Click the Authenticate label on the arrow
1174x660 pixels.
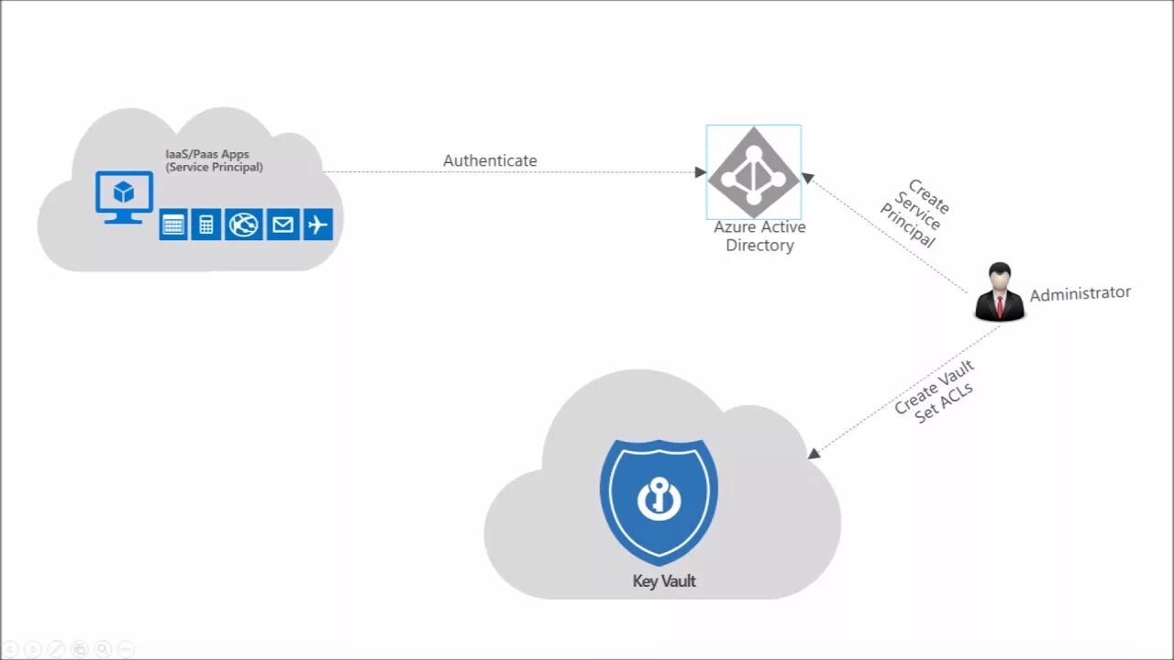tap(490, 161)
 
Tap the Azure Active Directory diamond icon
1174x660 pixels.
tap(754, 172)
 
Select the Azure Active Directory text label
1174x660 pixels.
tap(759, 236)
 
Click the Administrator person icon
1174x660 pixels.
tap(999, 292)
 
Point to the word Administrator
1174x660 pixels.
tap(1080, 293)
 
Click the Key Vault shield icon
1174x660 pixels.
tap(659, 500)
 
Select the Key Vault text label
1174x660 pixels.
tap(664, 581)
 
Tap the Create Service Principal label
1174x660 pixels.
tap(915, 213)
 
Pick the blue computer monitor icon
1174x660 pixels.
tap(124, 195)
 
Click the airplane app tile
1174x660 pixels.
tap(317, 225)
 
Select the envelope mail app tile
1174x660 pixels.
tap(282, 225)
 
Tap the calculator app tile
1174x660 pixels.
tap(206, 225)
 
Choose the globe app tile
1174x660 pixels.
tap(244, 225)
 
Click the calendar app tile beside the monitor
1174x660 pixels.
tap(173, 225)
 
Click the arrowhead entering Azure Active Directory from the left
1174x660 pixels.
tap(700, 172)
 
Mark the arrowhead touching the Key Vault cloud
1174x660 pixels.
tap(814, 453)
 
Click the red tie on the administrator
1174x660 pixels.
tap(999, 304)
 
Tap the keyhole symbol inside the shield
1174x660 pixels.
tap(658, 500)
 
